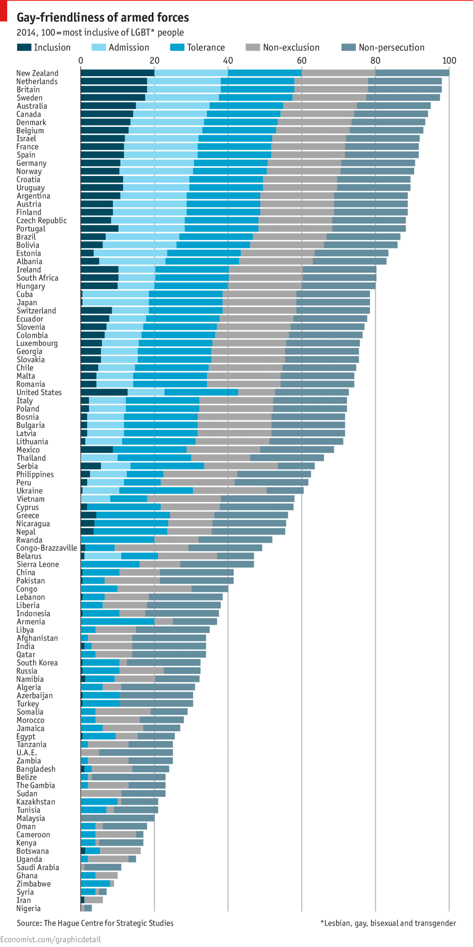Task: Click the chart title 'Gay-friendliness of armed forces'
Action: pos(103,17)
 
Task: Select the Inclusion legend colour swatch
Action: pos(24,47)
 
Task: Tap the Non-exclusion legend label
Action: pos(291,48)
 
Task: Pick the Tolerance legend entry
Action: pos(205,48)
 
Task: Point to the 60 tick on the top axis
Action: pos(302,60)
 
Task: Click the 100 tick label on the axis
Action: pos(449,60)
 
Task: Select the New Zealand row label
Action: pos(37,73)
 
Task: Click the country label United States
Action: pos(39,392)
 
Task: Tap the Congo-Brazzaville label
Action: pos(47,548)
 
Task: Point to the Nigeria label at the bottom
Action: pos(28,908)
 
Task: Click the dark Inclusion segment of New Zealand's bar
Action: pos(117,73)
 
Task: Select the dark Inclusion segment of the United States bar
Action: pos(104,392)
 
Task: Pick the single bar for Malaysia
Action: pos(117,818)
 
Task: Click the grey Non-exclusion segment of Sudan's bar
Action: pos(101,793)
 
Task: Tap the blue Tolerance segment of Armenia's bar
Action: pos(117,621)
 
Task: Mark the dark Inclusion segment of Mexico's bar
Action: pos(97,449)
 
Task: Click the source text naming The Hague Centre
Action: pos(95,923)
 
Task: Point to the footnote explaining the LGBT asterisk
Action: pos(388,923)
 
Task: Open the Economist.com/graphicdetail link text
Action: pos(50,939)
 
